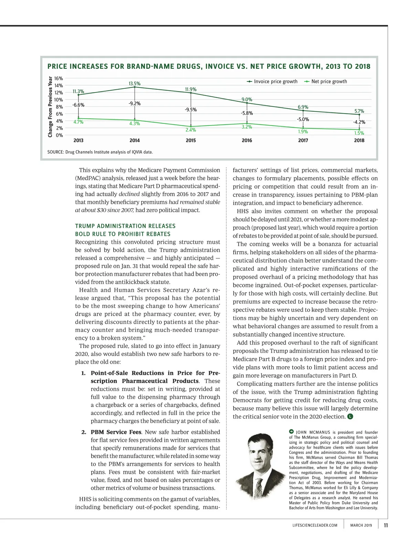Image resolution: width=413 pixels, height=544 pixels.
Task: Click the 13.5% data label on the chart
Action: [x=135, y=84]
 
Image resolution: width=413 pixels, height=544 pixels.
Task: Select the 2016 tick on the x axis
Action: [x=247, y=140]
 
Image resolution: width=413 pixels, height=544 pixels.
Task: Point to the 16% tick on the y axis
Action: [x=59, y=78]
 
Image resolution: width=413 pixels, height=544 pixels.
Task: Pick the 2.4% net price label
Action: [x=191, y=130]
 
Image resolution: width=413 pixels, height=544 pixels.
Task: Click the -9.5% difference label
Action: [x=191, y=110]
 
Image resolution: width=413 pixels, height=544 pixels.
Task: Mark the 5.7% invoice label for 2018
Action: [x=359, y=111]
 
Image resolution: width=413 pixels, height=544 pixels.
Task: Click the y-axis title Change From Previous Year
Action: [x=50, y=107]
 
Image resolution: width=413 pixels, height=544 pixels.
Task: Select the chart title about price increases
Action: [x=209, y=66]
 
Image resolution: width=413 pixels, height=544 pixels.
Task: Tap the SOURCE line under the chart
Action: [x=100, y=152]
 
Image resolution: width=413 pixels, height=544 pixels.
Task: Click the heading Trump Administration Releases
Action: [x=125, y=226]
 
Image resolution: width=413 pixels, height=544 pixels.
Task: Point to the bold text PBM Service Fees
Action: [x=116, y=432]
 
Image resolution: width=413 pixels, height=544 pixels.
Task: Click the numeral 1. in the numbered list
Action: [x=83, y=373]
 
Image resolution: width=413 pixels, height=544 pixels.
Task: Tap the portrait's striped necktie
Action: [x=258, y=488]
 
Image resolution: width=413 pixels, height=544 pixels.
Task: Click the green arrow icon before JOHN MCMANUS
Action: [x=291, y=432]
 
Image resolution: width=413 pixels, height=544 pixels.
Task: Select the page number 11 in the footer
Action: [x=386, y=525]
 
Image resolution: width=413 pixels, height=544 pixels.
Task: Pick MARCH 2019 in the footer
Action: [x=361, y=525]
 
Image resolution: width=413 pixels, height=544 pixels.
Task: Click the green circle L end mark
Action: [x=350, y=416]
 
